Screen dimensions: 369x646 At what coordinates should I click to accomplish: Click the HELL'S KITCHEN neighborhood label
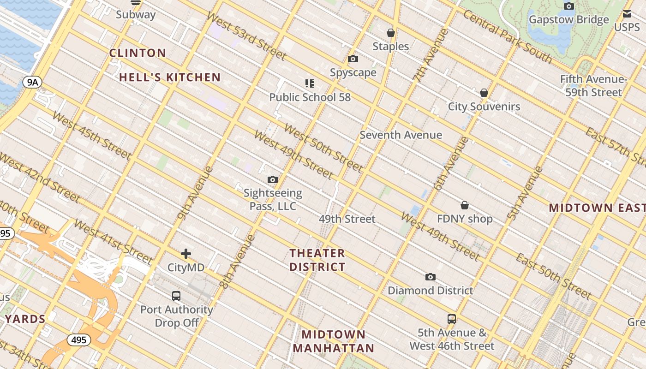170,77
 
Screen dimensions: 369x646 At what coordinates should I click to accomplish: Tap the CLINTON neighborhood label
138,53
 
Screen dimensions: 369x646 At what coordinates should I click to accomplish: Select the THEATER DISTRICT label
317,260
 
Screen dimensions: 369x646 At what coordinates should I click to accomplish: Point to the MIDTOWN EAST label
597,208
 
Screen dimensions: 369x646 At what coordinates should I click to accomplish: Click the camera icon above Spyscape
353,59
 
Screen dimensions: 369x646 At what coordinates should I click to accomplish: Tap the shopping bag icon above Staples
391,33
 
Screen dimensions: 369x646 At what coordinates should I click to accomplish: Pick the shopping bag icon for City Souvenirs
484,93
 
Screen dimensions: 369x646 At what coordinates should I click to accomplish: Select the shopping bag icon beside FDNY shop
465,205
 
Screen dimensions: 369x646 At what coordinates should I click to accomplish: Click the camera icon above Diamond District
431,277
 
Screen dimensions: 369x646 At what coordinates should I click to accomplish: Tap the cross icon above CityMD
186,254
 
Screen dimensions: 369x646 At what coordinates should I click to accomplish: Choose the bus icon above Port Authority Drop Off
176,296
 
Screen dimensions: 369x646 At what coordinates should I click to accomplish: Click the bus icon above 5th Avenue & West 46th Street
452,319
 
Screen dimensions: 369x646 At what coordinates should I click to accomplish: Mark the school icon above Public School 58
310,83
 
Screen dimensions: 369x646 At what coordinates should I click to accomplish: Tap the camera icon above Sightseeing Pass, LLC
273,180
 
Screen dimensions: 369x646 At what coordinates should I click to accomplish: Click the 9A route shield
32,83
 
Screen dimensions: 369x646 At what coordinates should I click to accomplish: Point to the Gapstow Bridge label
568,20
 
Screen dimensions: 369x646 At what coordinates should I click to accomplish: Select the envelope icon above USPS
627,14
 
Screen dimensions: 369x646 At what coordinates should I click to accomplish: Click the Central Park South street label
508,36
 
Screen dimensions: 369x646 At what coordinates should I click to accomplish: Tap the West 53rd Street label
246,36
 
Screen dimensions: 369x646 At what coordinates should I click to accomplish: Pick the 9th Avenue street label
195,192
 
